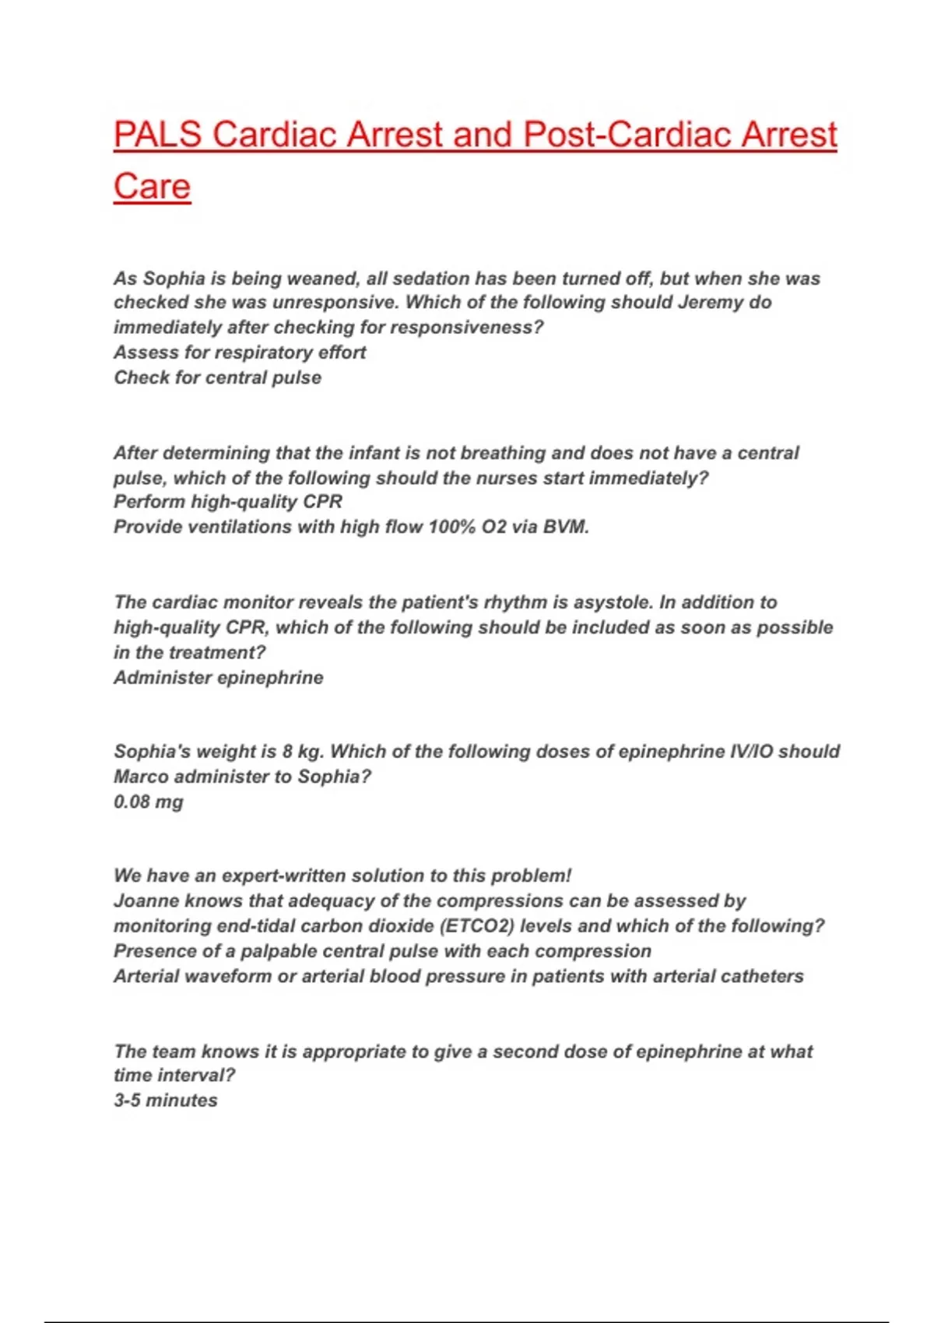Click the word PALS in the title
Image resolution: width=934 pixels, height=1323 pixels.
[x=158, y=135]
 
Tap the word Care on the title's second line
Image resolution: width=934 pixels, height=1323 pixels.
[x=152, y=187]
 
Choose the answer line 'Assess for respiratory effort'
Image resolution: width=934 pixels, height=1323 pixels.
[x=240, y=353]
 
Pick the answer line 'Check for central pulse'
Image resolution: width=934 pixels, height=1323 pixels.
[x=217, y=377]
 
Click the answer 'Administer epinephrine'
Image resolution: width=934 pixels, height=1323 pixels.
[x=218, y=677]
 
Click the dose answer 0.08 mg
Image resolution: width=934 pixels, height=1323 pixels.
[x=149, y=802]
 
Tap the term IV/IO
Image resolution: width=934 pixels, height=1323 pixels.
[x=746, y=752]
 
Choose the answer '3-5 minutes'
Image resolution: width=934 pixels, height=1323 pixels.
[x=166, y=1100]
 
